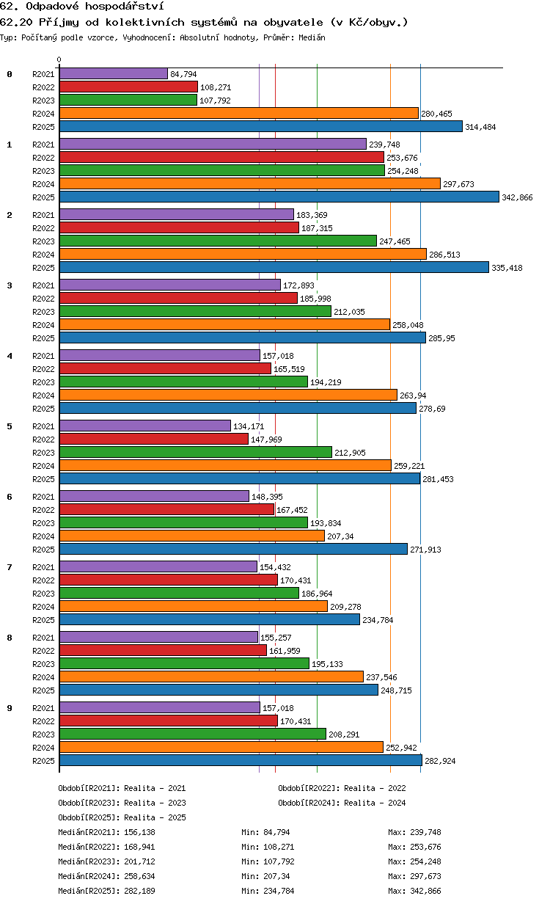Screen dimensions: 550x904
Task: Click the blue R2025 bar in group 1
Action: tap(279, 197)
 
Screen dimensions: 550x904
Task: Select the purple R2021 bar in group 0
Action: tap(114, 74)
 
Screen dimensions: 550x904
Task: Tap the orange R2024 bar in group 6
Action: tap(192, 536)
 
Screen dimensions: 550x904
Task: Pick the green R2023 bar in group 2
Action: tap(218, 241)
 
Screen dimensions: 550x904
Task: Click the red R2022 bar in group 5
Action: tap(154, 439)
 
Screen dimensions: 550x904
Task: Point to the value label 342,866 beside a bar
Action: tap(517, 197)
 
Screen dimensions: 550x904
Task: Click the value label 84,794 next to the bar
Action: tap(183, 74)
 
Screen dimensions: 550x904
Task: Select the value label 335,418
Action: tap(507, 268)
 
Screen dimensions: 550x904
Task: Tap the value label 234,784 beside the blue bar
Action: tap(378, 620)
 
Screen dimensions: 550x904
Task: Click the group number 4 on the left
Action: tap(10, 356)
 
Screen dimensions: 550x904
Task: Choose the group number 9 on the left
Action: tap(10, 708)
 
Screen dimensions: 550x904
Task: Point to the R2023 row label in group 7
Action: tap(43, 594)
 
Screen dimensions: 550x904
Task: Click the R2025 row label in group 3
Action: tap(43, 338)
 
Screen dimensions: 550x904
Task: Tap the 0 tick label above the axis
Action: tap(59, 59)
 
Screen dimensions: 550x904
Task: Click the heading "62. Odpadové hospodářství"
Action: tap(82, 6)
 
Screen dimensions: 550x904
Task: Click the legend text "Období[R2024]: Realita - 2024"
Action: tap(342, 803)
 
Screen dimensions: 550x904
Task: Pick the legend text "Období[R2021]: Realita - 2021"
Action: tap(122, 788)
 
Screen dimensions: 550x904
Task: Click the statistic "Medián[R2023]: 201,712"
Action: tap(106, 861)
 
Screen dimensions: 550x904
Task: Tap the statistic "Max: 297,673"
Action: tap(414, 876)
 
